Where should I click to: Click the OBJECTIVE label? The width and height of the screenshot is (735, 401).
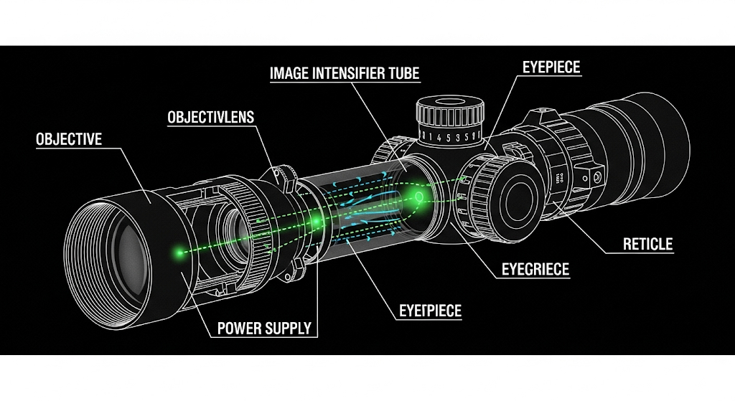[69, 138]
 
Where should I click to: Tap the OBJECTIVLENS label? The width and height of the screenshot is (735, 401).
[210, 117]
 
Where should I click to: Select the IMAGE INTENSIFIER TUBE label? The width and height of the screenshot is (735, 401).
[344, 73]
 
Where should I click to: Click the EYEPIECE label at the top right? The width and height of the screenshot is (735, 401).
[551, 68]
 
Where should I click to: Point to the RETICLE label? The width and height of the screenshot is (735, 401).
[647, 244]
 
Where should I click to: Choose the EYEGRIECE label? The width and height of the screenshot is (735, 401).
[535, 270]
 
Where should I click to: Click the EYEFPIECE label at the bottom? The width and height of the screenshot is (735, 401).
[430, 311]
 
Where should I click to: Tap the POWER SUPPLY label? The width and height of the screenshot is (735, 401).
[264, 329]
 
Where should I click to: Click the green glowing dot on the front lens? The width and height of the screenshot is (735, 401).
[179, 252]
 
